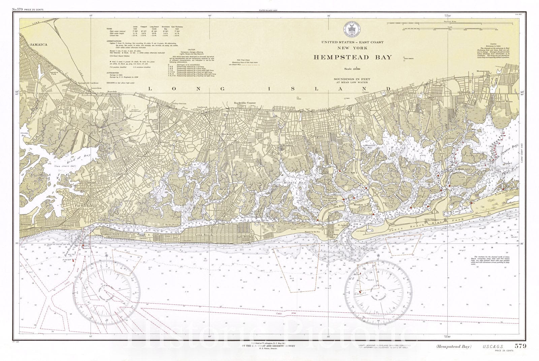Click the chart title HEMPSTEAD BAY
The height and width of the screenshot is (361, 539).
[x=353, y=57]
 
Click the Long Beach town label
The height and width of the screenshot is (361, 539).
[x=202, y=234]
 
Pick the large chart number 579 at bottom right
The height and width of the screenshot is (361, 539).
[x=520, y=346]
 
